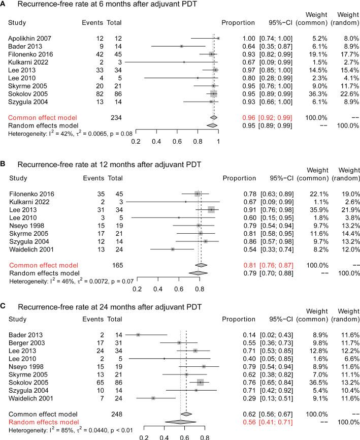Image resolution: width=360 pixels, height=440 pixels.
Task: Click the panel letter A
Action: (4, 6)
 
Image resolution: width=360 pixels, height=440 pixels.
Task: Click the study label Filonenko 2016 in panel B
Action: (32, 194)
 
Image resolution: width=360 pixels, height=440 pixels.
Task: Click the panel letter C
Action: (4, 307)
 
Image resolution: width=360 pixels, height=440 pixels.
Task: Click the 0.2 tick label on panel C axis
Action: (144, 436)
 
